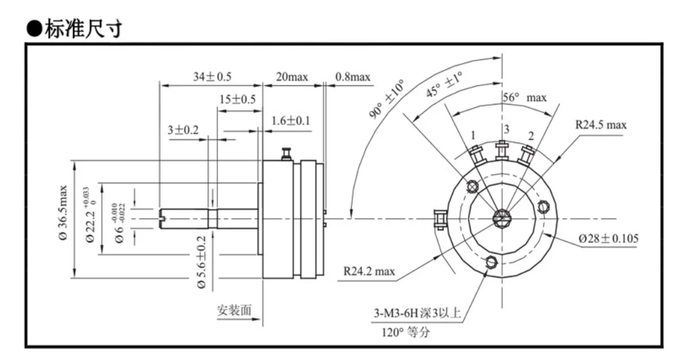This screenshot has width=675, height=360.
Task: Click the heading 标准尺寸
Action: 83,28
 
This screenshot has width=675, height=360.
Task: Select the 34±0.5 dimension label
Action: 212,77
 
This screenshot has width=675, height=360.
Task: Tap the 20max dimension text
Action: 292,77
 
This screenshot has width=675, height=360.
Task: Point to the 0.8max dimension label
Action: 352,77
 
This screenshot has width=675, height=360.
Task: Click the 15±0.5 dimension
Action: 237,99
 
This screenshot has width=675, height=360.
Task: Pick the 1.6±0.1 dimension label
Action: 291,120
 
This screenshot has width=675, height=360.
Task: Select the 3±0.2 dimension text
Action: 183,129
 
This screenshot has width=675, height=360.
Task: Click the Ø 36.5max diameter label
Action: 63,212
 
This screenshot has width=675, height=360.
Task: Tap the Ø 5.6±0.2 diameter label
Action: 201,262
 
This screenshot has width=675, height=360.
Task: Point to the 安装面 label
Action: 234,310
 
